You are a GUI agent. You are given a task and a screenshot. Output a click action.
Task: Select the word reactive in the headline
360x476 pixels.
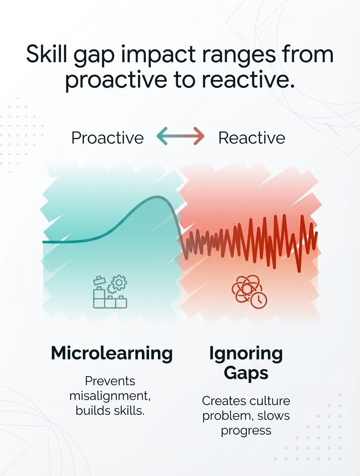point(248,80)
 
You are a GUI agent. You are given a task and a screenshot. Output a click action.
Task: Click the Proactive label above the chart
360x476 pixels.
point(107,138)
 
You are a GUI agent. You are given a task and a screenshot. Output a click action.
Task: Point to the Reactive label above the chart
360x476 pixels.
point(252,138)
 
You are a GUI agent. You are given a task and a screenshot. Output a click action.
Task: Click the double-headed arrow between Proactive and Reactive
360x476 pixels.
point(180,136)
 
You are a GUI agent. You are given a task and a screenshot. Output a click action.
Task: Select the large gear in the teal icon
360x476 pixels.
point(119,283)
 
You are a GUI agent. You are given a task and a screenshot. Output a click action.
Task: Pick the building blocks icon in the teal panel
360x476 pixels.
point(110,292)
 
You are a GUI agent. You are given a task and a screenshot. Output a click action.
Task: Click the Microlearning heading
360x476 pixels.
point(112,353)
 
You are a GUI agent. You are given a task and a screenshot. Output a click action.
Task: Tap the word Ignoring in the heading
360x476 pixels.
point(246,354)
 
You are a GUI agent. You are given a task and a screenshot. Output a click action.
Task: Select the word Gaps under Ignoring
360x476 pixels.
point(246,373)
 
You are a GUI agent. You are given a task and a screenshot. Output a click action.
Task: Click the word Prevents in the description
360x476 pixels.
point(110,381)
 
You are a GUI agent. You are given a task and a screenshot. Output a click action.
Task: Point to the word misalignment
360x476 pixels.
point(110,396)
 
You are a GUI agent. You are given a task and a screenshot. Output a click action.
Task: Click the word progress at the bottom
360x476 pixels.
point(246,431)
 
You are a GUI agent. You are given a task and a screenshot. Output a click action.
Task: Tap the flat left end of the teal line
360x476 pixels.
point(44,242)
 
